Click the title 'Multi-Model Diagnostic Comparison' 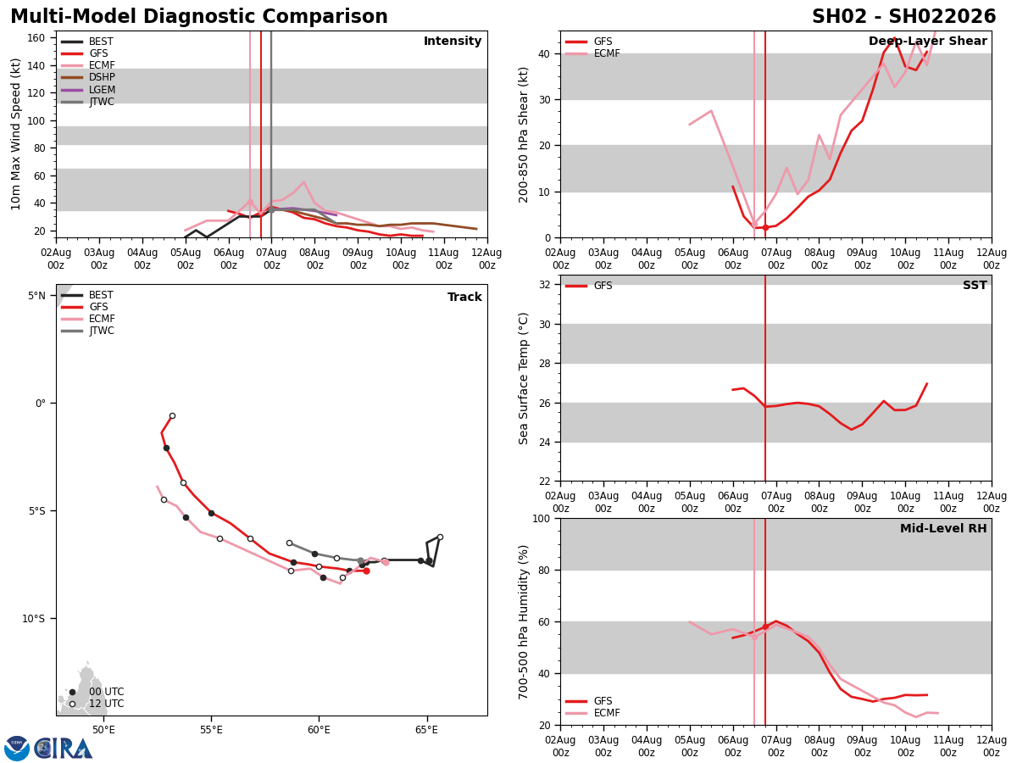click(199, 17)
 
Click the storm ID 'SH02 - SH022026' click(903, 17)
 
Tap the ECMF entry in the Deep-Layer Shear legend click(607, 53)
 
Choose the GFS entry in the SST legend click(603, 286)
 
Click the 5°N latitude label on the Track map click(36, 296)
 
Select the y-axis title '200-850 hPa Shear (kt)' click(524, 134)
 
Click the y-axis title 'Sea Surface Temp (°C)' click(524, 378)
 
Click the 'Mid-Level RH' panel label click(943, 529)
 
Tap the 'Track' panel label click(464, 298)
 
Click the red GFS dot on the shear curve click(765, 227)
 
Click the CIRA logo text click(64, 749)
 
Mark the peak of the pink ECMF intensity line click(303, 182)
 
